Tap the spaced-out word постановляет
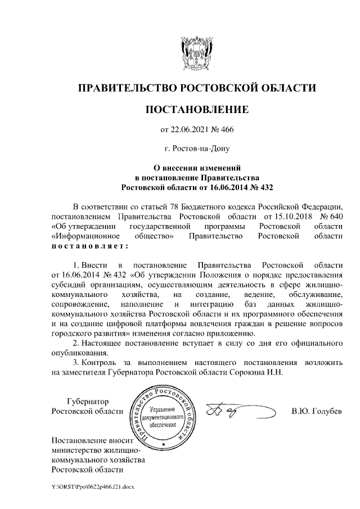[90, 246]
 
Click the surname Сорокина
[250, 372]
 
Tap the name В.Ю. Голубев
[317, 412]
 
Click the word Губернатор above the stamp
[87, 402]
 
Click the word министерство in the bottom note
[79, 450]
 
